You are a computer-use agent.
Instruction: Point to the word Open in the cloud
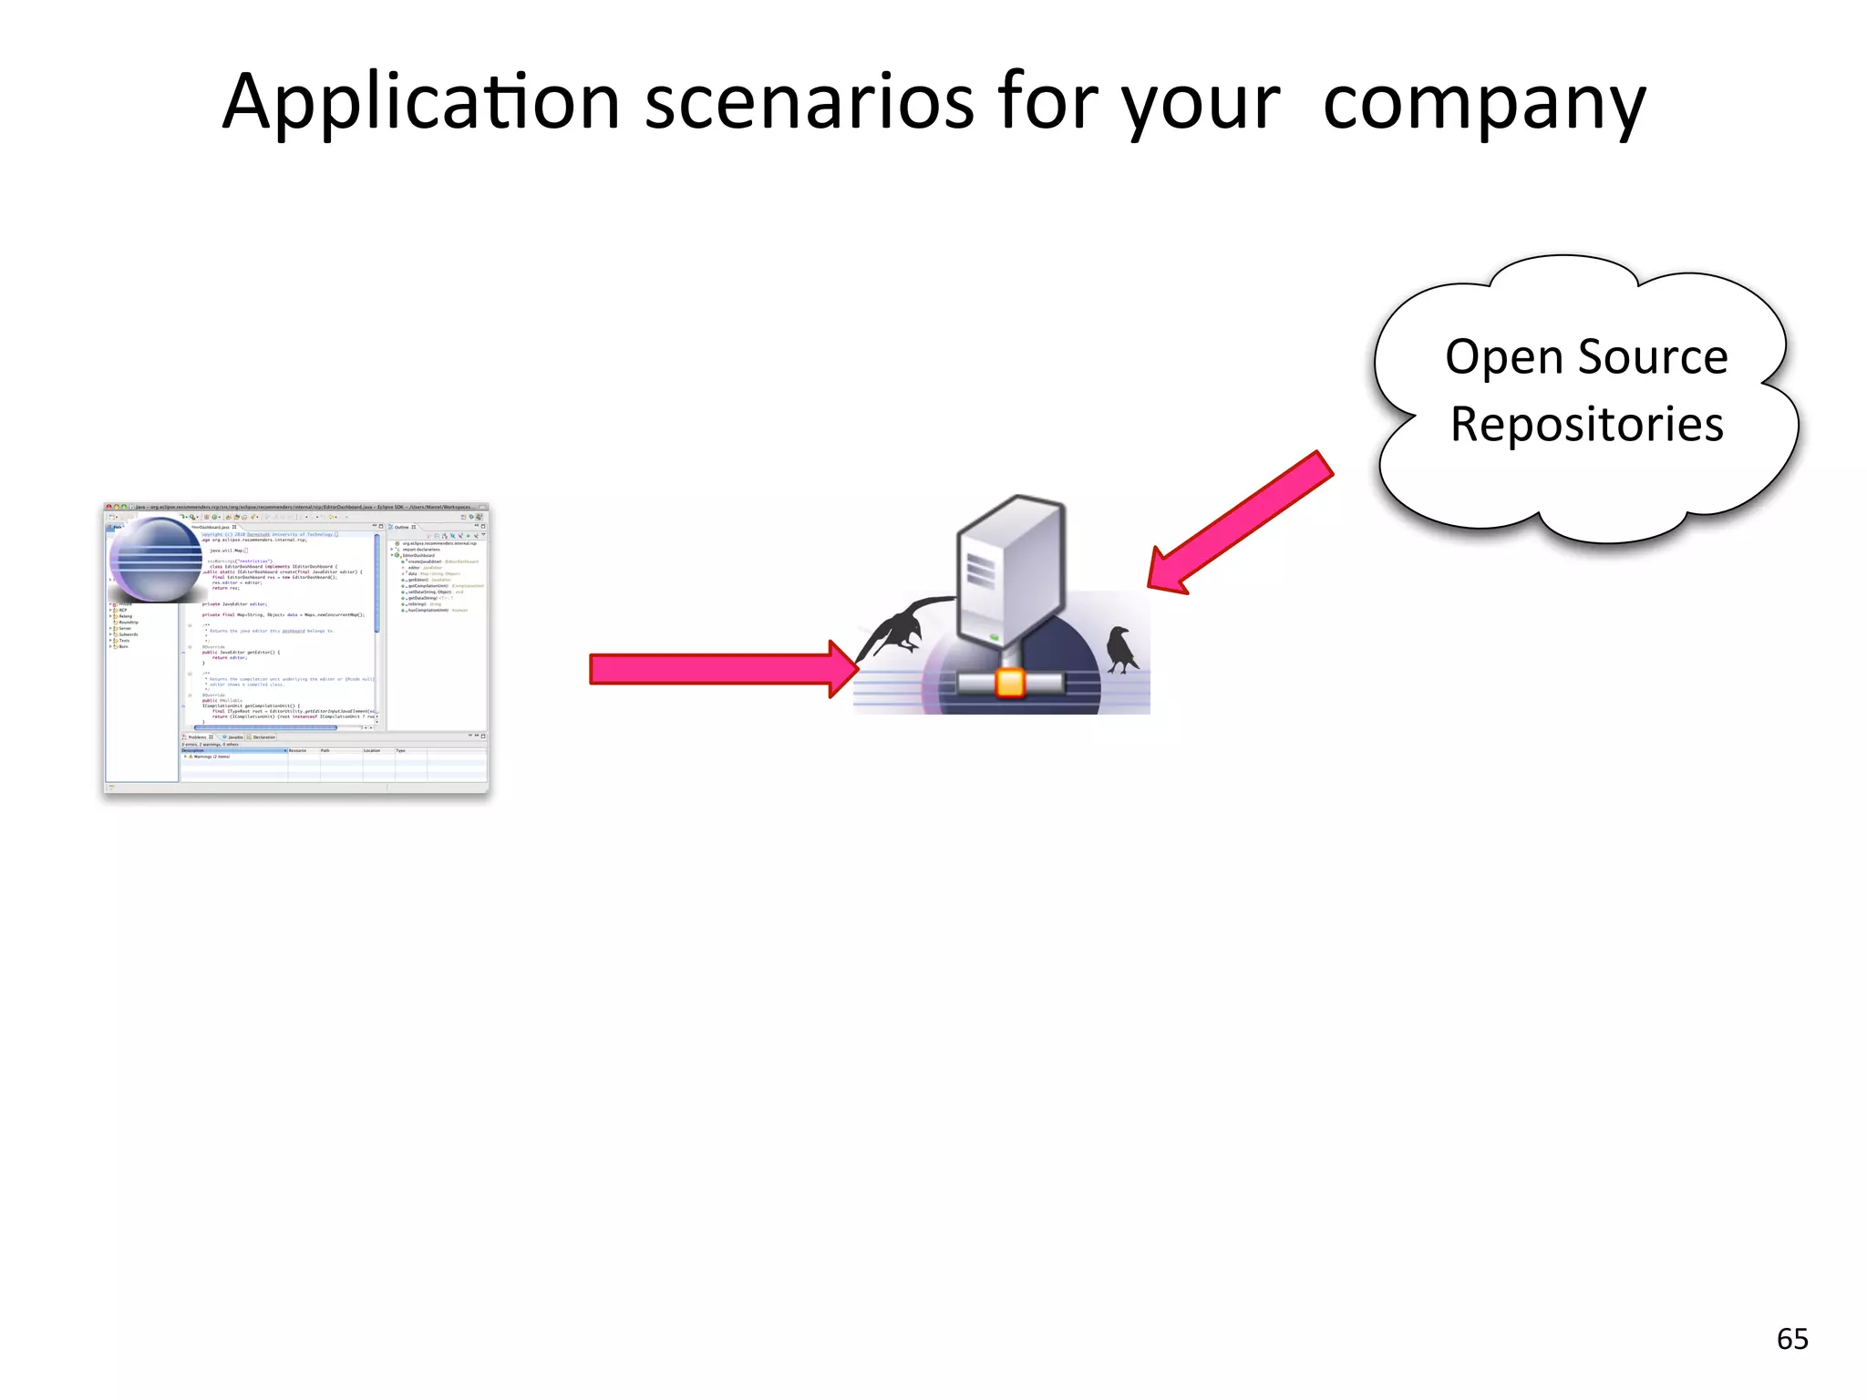click(1504, 357)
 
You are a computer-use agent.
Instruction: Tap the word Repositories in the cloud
click(1586, 425)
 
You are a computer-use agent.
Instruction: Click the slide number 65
click(1792, 1339)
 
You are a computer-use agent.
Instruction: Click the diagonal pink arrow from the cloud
click(1240, 523)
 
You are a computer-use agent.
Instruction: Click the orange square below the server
click(1010, 683)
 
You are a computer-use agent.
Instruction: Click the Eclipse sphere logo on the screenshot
click(156, 560)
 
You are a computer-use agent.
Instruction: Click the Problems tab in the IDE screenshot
click(198, 736)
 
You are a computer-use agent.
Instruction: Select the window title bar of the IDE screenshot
click(296, 507)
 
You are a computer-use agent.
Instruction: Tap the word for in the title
click(1048, 103)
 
